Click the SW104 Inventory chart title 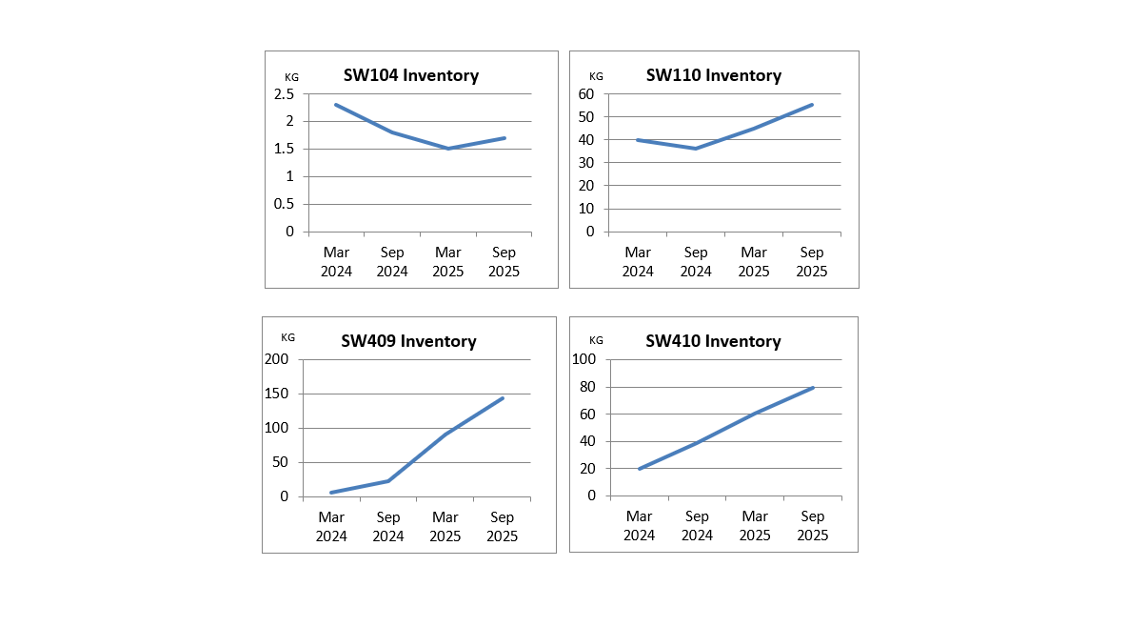pyautogui.click(x=410, y=75)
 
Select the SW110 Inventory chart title pyautogui.click(x=713, y=75)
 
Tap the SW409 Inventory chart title pyautogui.click(x=408, y=341)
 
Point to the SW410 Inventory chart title pyautogui.click(x=713, y=341)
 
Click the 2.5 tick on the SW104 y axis pyautogui.click(x=284, y=93)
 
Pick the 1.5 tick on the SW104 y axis pyautogui.click(x=284, y=149)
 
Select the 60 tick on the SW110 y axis pyautogui.click(x=584, y=93)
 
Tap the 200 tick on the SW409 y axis pyautogui.click(x=276, y=359)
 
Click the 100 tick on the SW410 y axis pyautogui.click(x=583, y=359)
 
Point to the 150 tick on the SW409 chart pyautogui.click(x=276, y=394)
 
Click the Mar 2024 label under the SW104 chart pyautogui.click(x=336, y=261)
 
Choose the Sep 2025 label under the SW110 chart pyautogui.click(x=812, y=261)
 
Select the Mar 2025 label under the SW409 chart pyautogui.click(x=445, y=526)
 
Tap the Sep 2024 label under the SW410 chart pyautogui.click(x=697, y=526)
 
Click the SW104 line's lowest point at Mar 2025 pyautogui.click(x=447, y=149)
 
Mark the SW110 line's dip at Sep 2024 pyautogui.click(x=696, y=149)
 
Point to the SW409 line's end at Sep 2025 pyautogui.click(x=503, y=398)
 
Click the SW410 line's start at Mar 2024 pyautogui.click(x=639, y=469)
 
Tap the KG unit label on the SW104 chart pyautogui.click(x=291, y=76)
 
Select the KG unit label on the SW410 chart pyautogui.click(x=596, y=340)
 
